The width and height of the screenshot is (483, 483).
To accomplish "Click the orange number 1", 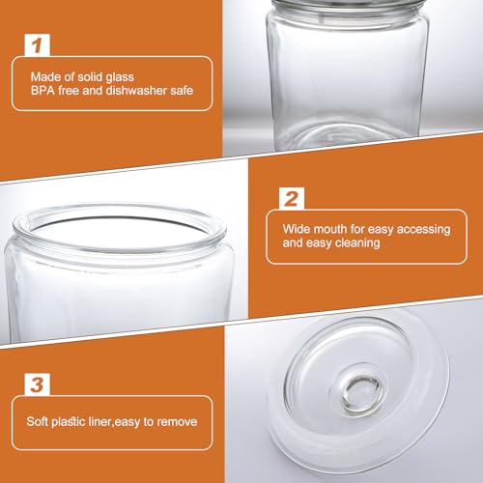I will click(x=38, y=44).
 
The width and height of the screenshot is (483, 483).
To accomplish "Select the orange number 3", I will click(x=38, y=384).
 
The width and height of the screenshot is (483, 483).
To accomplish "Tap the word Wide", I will click(x=297, y=230).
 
